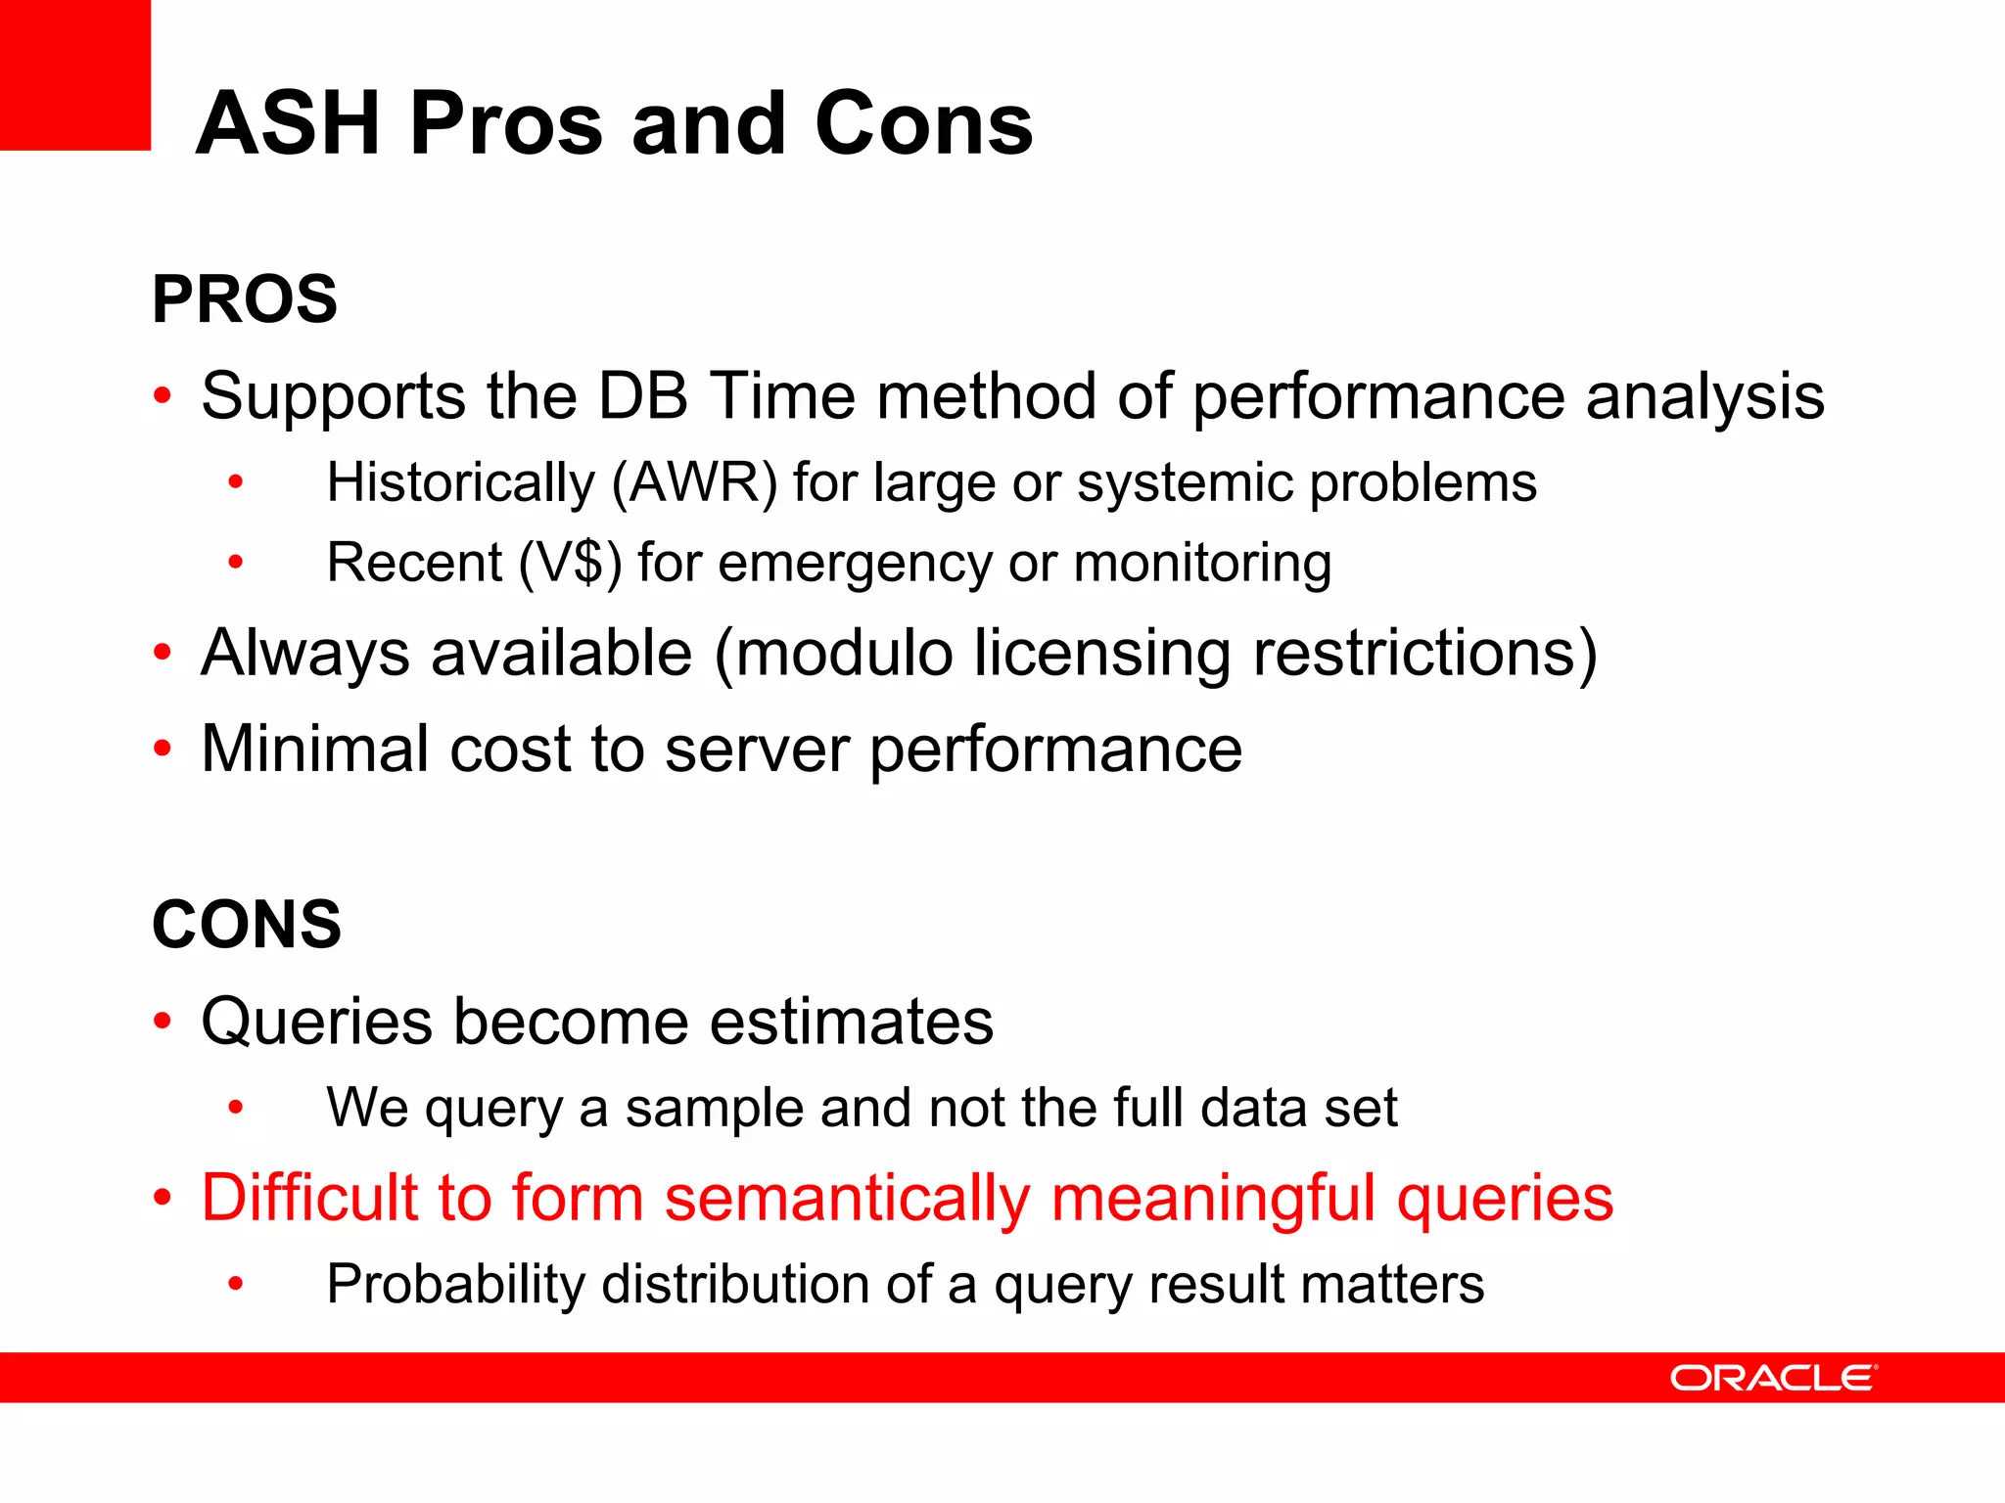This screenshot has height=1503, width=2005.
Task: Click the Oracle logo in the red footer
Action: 1773,1378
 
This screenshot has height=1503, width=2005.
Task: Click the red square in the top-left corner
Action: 74,74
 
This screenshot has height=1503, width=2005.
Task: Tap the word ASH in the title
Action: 288,124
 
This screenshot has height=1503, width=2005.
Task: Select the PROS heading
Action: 245,299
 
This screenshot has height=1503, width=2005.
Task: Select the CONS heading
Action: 247,925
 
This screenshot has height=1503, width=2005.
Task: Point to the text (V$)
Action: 570,564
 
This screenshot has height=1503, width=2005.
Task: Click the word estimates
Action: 851,1022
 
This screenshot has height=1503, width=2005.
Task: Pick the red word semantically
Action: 847,1200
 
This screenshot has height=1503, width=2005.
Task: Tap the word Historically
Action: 460,483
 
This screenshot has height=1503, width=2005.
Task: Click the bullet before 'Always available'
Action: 163,653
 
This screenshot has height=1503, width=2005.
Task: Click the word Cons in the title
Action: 923,124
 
